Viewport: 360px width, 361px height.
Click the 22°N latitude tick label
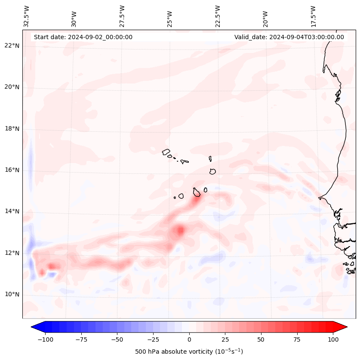click(x=12, y=46)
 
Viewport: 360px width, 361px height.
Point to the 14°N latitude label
click(x=12, y=211)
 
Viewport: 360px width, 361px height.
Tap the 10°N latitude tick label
click(x=12, y=294)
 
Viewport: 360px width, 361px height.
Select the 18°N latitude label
click(x=12, y=129)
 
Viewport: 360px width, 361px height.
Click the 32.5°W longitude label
click(x=27, y=16)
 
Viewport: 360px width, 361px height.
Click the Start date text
click(x=83, y=37)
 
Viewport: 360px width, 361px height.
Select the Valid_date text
click(x=289, y=37)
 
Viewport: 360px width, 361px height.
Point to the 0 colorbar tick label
click(x=189, y=339)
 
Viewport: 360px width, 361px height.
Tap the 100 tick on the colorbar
click(x=333, y=339)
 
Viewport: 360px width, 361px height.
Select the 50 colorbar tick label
click(x=261, y=339)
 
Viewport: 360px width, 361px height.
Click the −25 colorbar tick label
click(x=153, y=339)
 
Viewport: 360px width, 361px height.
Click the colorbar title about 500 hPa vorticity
click(x=189, y=352)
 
